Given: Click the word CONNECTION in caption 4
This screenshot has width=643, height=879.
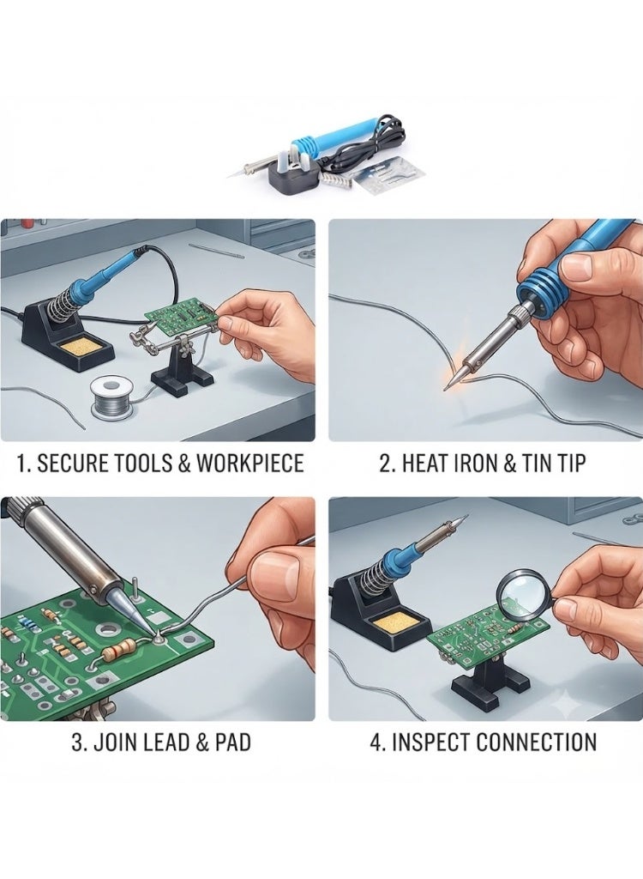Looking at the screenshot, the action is (537, 743).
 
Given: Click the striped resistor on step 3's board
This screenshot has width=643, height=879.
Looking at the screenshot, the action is (122, 650).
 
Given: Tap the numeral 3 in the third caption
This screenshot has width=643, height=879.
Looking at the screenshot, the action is (78, 743).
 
